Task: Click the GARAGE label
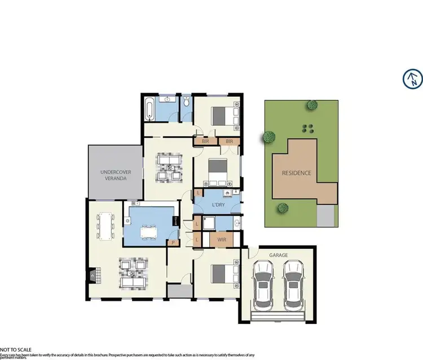point(279,255)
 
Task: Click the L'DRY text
point(219,204)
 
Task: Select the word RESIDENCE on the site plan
point(297,173)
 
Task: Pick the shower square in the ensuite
point(208,224)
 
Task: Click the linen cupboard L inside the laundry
point(199,194)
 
